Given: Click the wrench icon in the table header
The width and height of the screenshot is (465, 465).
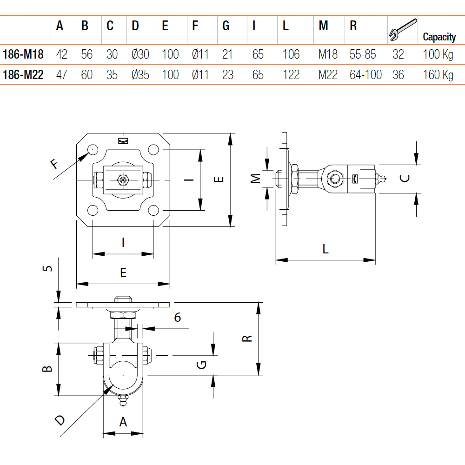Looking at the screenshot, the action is point(402,30).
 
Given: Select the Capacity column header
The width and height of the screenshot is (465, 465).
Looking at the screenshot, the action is point(439,37).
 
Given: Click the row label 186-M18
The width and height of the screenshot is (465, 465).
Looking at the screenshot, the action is point(23,54).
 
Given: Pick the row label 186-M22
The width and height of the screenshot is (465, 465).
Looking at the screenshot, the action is point(23,75).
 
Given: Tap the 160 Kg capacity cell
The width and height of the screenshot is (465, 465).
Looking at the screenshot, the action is point(438,75).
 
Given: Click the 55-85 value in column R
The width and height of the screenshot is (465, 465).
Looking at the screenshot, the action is point(363,54).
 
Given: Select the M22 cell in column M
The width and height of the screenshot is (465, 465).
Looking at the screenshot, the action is point(328,75).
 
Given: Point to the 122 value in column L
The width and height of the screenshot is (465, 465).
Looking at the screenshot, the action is point(291,75).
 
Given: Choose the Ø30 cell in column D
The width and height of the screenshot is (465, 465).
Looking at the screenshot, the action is point(140,54).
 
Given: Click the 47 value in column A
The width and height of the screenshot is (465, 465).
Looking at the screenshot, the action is point(61,75).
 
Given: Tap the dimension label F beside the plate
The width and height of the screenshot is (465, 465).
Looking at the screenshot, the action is point(54,163).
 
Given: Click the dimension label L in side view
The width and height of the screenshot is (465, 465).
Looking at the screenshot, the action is point(325,249).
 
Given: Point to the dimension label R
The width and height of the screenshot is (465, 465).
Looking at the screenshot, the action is point(247,339).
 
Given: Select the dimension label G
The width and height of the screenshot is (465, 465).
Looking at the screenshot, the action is point(202,365).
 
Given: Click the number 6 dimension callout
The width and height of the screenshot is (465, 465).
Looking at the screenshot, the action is point(177,317).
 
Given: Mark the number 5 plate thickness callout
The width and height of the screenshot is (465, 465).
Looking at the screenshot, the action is point(47,268).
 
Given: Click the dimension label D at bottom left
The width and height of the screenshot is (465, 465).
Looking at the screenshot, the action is point(60,420).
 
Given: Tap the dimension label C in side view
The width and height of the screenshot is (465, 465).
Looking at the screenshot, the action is point(405,178).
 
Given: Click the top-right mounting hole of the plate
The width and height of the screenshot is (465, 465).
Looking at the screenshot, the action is point(153,149).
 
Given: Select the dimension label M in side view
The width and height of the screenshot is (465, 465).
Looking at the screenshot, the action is point(255,179).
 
